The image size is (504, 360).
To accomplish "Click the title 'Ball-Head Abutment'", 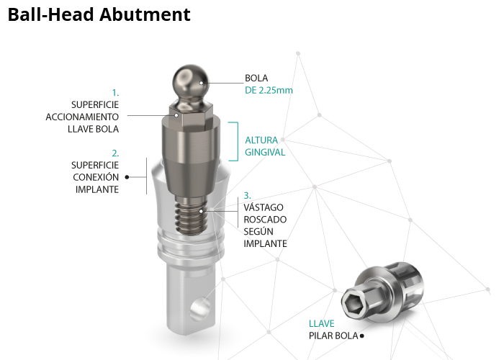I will (99, 14).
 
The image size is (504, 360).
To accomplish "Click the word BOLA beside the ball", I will (256, 78).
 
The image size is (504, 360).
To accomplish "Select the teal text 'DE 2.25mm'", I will (269, 90).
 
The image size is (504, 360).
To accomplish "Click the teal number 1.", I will (115, 93).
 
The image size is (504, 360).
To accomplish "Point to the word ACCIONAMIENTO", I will (82, 117).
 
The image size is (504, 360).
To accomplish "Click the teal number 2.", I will (115, 153).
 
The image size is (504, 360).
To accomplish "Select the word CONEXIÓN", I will (96, 177).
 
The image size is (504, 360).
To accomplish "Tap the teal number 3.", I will (247, 195).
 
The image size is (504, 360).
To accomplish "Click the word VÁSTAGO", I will (264, 207).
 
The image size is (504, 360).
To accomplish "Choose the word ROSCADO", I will (265, 220).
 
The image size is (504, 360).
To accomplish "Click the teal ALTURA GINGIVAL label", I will (265, 146).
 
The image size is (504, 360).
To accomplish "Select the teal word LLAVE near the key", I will (321, 323).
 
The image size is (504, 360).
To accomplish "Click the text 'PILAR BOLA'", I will (333, 336).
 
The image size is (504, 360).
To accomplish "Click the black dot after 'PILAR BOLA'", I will (361, 336).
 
